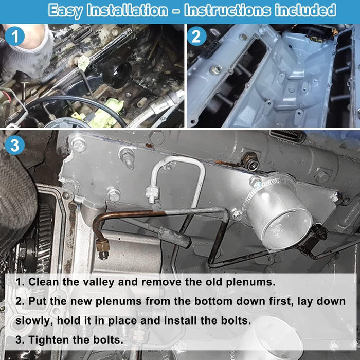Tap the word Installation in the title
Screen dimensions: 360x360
point(131,10)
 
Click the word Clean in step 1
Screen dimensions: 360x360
point(47,282)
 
